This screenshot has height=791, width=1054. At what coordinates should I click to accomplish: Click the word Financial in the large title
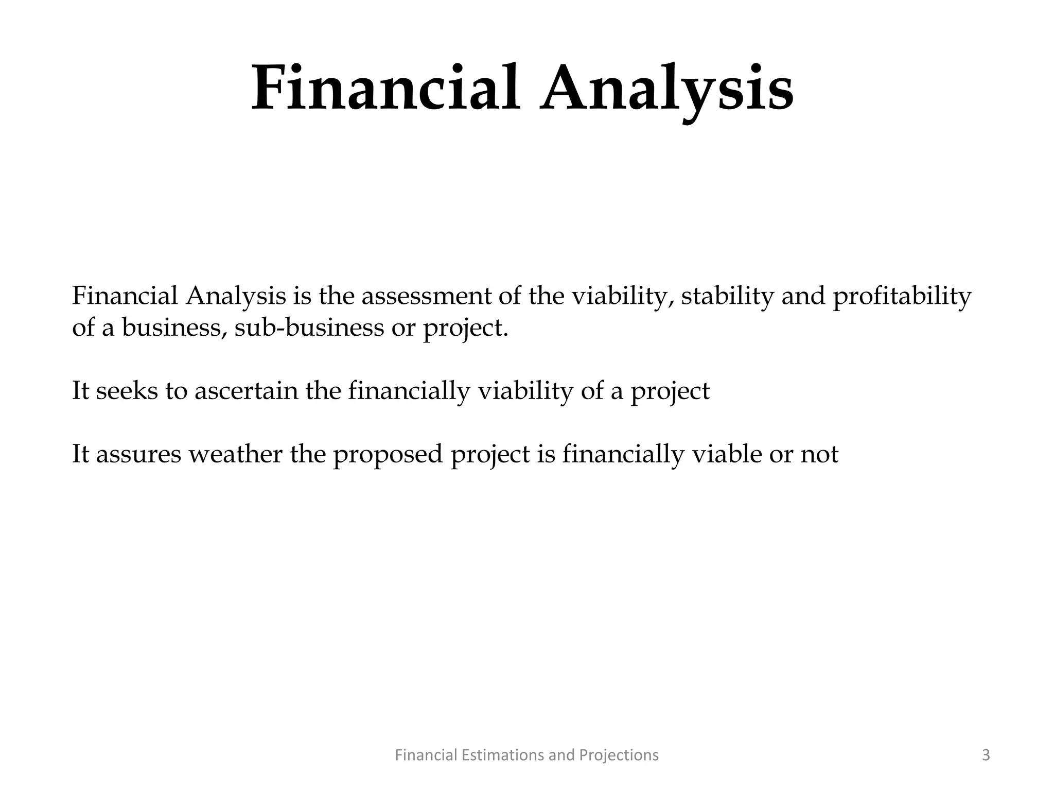[385, 88]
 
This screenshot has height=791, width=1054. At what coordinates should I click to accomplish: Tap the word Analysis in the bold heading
[666, 88]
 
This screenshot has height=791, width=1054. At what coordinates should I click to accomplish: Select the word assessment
[429, 297]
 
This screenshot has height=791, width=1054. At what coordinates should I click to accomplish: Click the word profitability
[902, 297]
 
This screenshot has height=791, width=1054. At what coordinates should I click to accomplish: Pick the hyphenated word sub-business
[309, 328]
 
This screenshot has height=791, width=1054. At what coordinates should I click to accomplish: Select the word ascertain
[247, 391]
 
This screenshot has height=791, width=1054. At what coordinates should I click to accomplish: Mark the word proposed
[388, 454]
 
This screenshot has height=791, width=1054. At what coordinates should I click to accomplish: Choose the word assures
[138, 454]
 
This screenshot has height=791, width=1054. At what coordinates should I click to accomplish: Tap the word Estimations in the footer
[502, 755]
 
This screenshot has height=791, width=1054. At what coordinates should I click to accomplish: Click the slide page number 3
[986, 755]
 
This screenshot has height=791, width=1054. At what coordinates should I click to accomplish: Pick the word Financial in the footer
[426, 755]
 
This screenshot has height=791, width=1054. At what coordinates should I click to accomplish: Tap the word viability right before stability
[623, 297]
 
